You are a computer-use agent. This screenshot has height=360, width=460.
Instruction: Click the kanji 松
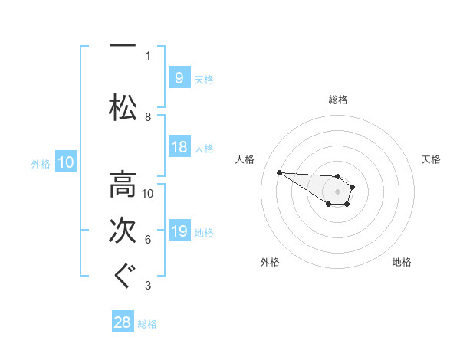[x=123, y=107]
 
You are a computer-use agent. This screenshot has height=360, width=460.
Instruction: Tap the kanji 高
[x=123, y=185]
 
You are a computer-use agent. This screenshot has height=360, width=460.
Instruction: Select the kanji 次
[x=123, y=231]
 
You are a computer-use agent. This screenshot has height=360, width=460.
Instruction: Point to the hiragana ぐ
[x=125, y=276]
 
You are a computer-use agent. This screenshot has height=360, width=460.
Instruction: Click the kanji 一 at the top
[x=123, y=45]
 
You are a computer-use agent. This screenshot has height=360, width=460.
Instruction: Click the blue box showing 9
[x=179, y=77]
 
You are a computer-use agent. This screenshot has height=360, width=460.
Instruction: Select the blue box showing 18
[x=179, y=146]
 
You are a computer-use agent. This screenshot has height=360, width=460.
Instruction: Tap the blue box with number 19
[x=179, y=230]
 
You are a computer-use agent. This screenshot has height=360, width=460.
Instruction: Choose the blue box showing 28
[x=123, y=321]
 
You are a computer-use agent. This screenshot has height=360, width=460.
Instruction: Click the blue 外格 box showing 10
[x=66, y=162]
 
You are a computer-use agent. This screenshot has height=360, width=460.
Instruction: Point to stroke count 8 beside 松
[x=148, y=117]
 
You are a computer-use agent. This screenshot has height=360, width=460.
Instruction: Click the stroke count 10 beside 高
[x=147, y=194]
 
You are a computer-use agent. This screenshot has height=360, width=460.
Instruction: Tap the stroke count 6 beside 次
[x=148, y=240]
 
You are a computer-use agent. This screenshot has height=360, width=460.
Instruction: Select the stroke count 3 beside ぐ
[x=148, y=286]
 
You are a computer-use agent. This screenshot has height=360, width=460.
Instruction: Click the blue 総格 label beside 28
[x=147, y=324]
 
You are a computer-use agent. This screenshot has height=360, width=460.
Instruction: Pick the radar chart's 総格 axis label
[x=338, y=100]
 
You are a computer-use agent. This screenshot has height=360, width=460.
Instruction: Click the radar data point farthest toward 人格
[x=280, y=172]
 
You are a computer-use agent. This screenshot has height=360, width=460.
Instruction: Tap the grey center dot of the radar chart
[x=337, y=191]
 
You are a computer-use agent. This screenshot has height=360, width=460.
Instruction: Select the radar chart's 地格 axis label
[x=402, y=262]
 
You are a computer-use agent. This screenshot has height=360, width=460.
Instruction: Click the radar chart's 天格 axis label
[x=431, y=159]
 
